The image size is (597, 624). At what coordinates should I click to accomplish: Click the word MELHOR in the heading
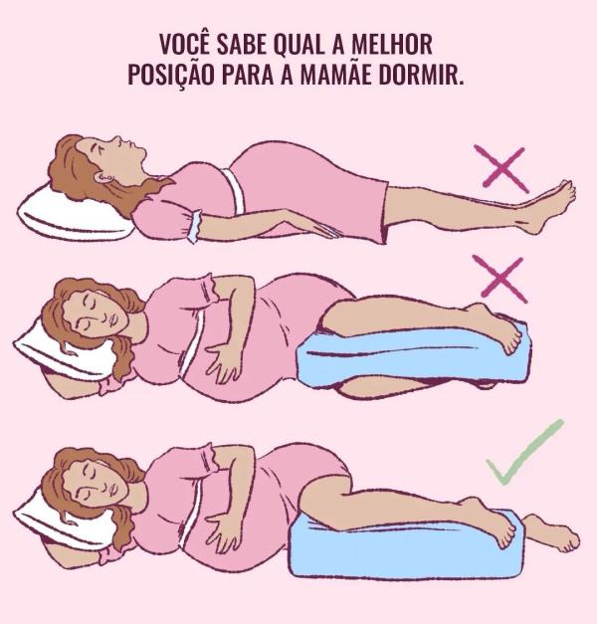pyautogui.click(x=392, y=45)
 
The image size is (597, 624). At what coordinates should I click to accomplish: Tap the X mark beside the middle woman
pyautogui.click(x=502, y=279)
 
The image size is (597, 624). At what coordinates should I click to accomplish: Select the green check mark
pyautogui.click(x=523, y=451)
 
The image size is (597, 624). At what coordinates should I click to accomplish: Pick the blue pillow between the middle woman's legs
pyautogui.click(x=414, y=356)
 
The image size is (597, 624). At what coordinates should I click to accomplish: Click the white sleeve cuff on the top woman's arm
pyautogui.click(x=194, y=225)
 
